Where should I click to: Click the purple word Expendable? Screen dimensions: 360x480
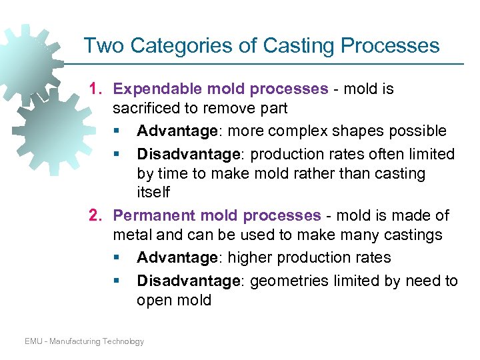[x=147, y=89]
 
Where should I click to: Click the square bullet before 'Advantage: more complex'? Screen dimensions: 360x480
[x=117, y=131]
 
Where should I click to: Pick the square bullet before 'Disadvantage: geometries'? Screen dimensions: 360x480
[x=117, y=281]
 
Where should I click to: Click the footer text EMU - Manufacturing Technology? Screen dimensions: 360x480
[x=85, y=341]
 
